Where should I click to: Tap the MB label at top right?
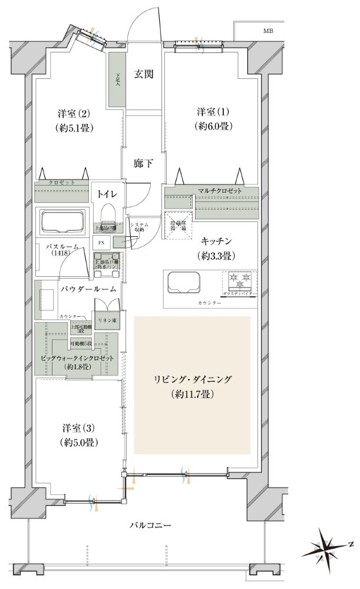click(267, 30)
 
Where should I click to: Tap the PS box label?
click(101, 242)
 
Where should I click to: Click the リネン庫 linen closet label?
click(107, 320)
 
